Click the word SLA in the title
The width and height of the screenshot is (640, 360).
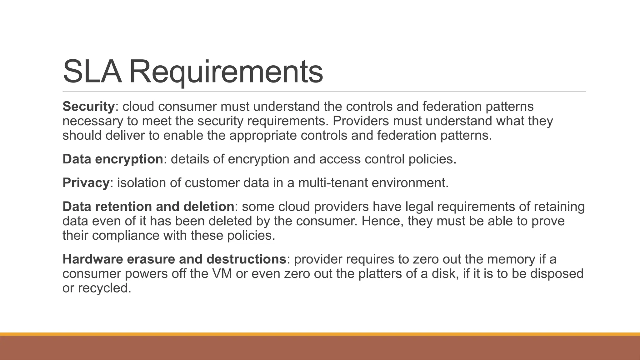pos(92,72)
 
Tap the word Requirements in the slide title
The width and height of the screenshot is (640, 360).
pos(226,72)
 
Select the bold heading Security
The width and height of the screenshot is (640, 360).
pos(89,107)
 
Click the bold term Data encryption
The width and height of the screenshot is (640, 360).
pos(113,159)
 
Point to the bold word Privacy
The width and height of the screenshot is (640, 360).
pos(86,183)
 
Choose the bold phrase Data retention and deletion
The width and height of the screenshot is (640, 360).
pos(148,207)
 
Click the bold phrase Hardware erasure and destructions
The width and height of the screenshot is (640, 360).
pos(174,259)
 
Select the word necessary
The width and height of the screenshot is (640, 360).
pos(92,121)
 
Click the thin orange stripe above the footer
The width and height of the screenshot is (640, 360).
pos(320,334)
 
